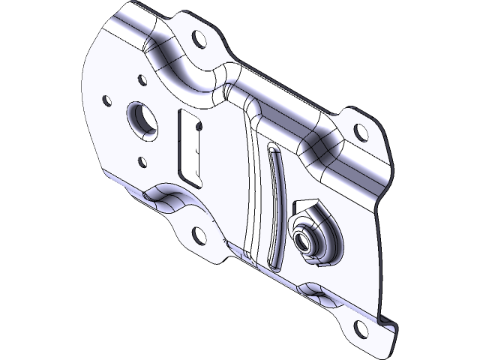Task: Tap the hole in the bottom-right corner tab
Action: [361, 328]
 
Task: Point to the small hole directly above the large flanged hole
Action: [141, 79]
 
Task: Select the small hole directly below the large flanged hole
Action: [141, 160]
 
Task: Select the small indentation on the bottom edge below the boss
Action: [311, 289]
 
